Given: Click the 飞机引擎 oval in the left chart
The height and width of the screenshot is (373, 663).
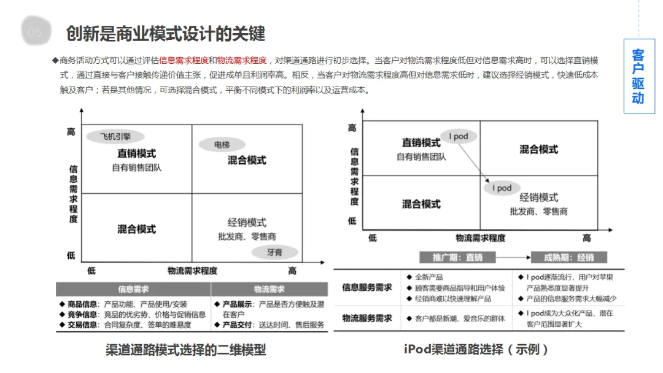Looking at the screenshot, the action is coord(116,136).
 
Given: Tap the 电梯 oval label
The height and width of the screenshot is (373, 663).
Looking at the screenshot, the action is coord(222,145).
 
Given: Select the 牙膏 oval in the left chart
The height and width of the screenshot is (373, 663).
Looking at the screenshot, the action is coord(274,252).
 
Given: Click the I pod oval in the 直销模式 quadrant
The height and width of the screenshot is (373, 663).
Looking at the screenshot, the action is coord(458,136).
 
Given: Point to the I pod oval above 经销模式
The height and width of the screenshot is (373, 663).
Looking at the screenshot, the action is coord(502,188).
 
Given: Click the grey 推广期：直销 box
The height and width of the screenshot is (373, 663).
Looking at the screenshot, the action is coord(458,258).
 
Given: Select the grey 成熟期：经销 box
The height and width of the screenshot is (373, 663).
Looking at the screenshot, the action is coord(568,258).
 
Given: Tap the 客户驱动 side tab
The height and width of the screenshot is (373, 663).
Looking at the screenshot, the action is coord(638,76).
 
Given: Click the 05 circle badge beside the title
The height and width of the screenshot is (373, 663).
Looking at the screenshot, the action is coord(36,33).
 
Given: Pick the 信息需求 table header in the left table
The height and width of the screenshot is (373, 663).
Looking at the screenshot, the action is coord(133,289).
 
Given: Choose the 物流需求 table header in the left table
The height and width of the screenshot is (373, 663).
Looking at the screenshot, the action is coord(269,289).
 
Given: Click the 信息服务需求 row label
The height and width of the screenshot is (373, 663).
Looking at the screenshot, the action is coord(367,287).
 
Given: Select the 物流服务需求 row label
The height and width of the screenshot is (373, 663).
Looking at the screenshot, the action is coord(367,318).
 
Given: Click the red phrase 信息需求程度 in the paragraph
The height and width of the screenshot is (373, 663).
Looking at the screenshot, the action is coord(184,60).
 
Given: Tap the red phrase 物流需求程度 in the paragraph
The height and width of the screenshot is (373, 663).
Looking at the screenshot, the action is coord(242,60).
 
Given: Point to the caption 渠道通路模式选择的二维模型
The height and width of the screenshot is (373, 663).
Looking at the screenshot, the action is coord(186,350).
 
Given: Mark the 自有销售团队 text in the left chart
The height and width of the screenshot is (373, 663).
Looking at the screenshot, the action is coord(137,167).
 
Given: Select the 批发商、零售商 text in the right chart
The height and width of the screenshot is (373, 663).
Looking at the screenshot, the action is coord(538,211).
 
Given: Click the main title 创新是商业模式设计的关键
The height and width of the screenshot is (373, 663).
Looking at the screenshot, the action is coord(166,33).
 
